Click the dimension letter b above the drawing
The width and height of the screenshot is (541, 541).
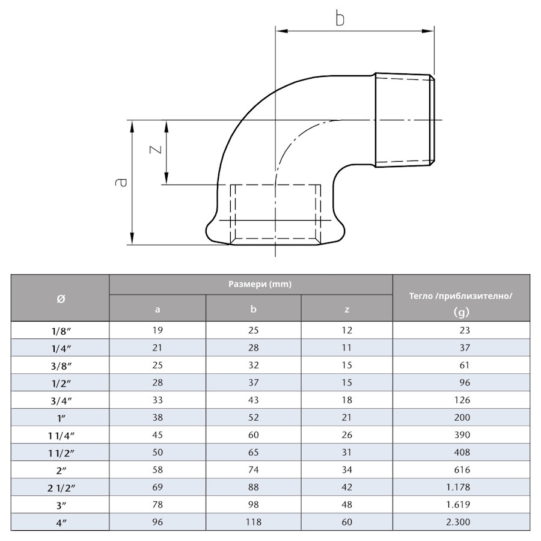pyautogui.click(x=340, y=19)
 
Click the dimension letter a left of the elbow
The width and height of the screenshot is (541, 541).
pyautogui.click(x=122, y=182)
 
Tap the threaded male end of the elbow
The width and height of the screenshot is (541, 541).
pyautogui.click(x=405, y=120)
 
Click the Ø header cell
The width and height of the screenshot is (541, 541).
pyautogui.click(x=60, y=298)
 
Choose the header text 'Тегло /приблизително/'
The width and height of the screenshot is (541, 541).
pyautogui.click(x=461, y=296)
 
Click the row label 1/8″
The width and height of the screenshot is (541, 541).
pyautogui.click(x=60, y=330)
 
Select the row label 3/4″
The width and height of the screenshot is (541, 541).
pyautogui.click(x=60, y=400)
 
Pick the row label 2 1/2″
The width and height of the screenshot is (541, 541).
pyautogui.click(x=60, y=487)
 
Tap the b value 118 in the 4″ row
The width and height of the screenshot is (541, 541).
pyautogui.click(x=253, y=522)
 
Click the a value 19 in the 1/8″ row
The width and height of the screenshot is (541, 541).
pyautogui.click(x=157, y=330)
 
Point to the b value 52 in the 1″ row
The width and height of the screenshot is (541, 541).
pyautogui.click(x=253, y=417)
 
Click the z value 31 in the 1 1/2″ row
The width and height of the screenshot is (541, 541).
pyautogui.click(x=347, y=452)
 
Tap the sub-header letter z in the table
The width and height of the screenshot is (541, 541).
pyautogui.click(x=347, y=310)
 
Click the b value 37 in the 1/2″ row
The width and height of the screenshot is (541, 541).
pyautogui.click(x=253, y=382)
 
